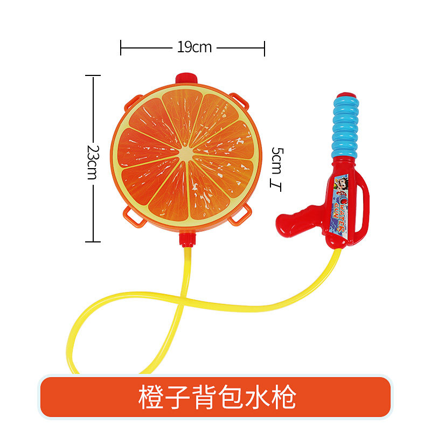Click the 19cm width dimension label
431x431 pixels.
pyautogui.click(x=194, y=47)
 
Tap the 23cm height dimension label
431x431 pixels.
pyautogui.click(x=93, y=161)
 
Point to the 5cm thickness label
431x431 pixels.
pyautogui.click(x=276, y=160)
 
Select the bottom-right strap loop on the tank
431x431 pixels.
pyautogui.click(x=237, y=218)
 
